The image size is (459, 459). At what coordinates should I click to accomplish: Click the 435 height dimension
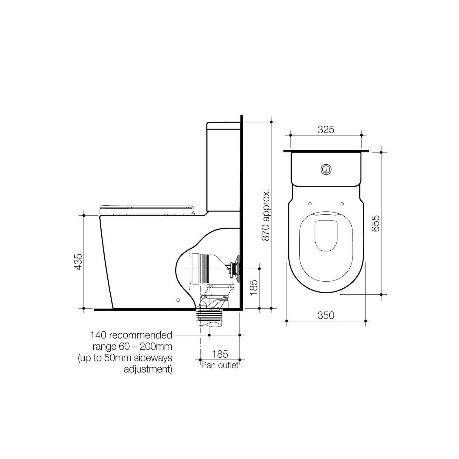[78, 262]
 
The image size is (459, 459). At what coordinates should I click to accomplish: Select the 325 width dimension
[326, 130]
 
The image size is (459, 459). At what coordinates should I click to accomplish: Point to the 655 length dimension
[375, 223]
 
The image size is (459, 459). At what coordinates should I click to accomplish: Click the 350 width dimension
[326, 315]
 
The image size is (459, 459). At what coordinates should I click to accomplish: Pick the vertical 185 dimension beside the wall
[254, 287]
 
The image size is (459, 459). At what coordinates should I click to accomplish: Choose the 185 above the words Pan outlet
[220, 354]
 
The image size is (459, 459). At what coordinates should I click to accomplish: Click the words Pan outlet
[220, 365]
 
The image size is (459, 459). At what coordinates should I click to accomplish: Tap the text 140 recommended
[131, 335]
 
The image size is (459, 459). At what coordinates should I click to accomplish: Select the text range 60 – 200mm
[132, 346]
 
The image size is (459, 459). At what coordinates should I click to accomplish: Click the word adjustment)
[148, 369]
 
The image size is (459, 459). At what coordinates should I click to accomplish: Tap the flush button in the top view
[326, 169]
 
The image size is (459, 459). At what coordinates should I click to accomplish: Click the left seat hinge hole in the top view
[310, 204]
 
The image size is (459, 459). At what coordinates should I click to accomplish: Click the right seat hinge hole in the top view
[342, 204]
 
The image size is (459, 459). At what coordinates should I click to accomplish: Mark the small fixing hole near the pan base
[178, 300]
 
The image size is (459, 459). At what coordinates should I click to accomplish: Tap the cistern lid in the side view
[223, 126]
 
